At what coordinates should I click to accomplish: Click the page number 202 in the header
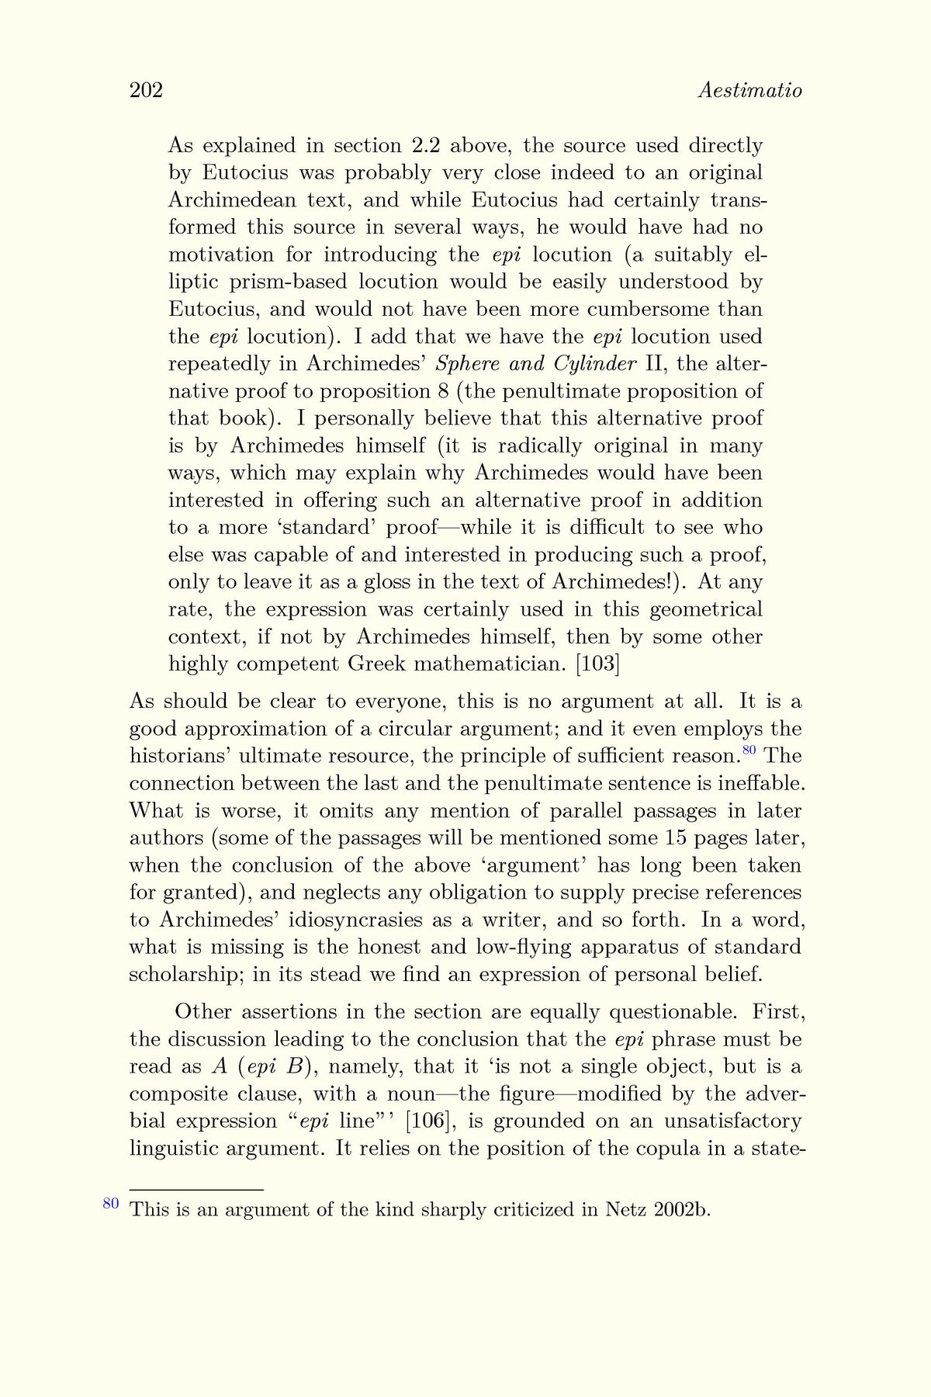[x=146, y=91]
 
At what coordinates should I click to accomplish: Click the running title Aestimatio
[x=749, y=91]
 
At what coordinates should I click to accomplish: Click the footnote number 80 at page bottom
[x=111, y=1204]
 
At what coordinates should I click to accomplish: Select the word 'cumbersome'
[x=649, y=310]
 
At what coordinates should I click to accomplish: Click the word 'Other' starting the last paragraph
[x=203, y=1012]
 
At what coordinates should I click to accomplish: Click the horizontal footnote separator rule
[x=197, y=1189]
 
